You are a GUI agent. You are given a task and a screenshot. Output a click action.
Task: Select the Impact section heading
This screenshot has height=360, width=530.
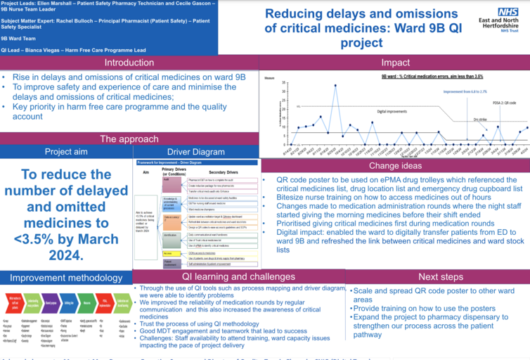coord(395,63)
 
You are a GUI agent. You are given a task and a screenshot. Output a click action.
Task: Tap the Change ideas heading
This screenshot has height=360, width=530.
coord(395,166)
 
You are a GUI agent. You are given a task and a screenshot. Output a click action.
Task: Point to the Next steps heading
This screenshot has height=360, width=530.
coord(438,277)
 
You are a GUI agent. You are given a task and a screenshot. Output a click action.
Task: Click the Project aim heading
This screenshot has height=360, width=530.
coord(66,151)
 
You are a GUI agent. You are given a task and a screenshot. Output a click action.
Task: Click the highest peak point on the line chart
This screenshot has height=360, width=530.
coord(335,86)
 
